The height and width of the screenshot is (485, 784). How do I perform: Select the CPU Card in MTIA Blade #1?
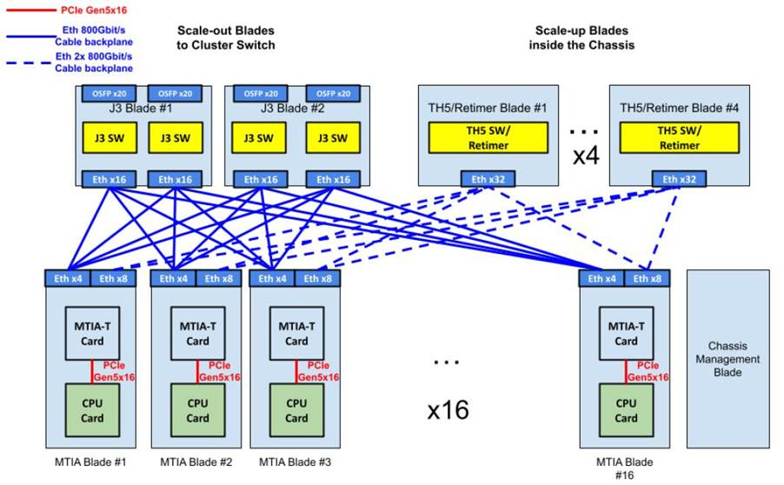[92, 410]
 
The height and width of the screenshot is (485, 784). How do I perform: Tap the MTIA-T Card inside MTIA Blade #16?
[626, 334]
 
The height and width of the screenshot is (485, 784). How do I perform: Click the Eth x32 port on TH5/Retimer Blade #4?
[679, 179]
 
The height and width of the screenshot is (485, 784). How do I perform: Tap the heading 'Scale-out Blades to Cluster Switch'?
[226, 37]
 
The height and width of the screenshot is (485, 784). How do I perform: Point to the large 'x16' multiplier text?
[448, 409]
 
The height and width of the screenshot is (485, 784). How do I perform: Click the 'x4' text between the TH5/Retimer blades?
[581, 157]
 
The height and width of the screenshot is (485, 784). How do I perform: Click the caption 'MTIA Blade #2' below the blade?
[196, 462]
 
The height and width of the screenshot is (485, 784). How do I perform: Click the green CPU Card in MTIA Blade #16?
[626, 410]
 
